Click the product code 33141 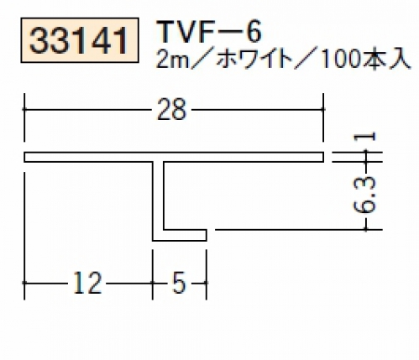click(79, 41)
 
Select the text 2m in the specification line click(172, 60)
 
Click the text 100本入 click(366, 60)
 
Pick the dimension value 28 click(171, 109)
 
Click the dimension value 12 click(87, 283)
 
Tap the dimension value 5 click(179, 283)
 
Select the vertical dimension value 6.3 click(365, 195)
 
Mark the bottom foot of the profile click(180, 235)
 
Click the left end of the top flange click(24, 157)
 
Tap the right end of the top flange click(323, 157)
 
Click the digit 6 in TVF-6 click(254, 32)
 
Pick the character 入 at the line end click(401, 60)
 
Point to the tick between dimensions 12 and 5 click(153, 283)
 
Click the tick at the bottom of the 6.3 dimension click(365, 230)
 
